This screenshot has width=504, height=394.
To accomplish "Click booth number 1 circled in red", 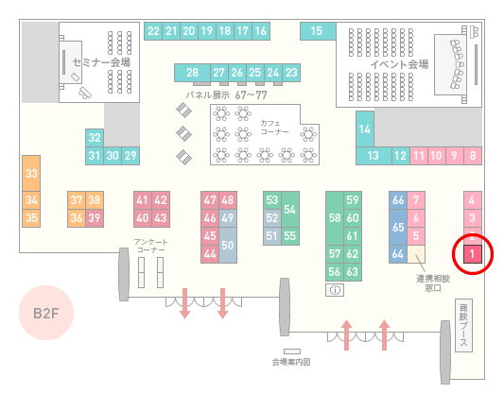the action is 472,254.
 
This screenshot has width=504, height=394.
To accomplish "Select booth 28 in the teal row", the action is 192,73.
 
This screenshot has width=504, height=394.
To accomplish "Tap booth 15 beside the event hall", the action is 318,31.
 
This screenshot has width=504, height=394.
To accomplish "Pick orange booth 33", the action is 31,174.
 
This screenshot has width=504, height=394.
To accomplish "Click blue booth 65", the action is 398,228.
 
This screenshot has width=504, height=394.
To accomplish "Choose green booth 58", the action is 335,218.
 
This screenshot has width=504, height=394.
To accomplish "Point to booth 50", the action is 228,246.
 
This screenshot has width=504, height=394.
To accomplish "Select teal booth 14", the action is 365,129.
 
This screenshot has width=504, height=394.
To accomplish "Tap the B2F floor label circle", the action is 46,313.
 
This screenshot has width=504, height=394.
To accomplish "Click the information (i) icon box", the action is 335,290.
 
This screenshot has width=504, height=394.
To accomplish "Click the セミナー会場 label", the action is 101,62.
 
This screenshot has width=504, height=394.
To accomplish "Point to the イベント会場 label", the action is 399,64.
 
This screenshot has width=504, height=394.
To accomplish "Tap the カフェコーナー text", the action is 274,128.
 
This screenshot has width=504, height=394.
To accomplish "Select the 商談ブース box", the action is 463,326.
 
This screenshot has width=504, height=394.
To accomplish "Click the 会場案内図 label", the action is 291,362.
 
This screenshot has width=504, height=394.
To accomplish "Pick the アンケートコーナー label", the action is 150,246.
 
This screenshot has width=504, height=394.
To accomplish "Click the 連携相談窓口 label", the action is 433,283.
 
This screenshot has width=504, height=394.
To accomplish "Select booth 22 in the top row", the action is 153,31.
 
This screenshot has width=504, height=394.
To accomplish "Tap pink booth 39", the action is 95,218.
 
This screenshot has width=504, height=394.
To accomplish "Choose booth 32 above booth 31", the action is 95,138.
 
